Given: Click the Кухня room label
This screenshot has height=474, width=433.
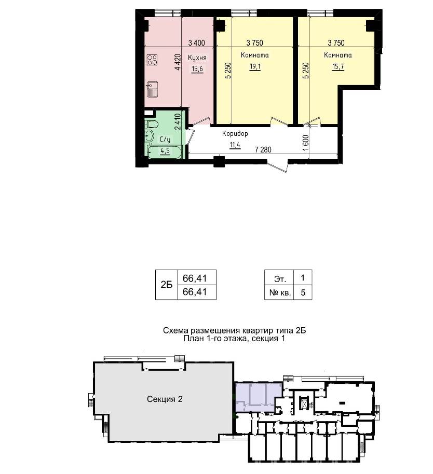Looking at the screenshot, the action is (x=197, y=58).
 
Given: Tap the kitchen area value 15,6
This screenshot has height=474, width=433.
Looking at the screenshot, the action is (x=197, y=69).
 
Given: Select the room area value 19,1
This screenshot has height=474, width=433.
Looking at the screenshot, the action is (x=255, y=66).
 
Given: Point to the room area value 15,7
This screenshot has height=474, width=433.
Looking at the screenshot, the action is (x=338, y=66).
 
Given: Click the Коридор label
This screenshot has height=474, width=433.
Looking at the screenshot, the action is (x=235, y=134).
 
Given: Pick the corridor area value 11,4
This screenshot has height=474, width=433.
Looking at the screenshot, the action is (x=235, y=145).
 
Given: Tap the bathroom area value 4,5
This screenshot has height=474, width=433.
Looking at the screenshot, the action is (x=165, y=150).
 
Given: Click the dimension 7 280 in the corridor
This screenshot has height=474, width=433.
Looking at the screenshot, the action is (x=263, y=149).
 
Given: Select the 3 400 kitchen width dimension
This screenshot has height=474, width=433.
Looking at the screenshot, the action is (x=196, y=43).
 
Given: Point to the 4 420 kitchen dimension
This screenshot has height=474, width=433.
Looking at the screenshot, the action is (x=178, y=62).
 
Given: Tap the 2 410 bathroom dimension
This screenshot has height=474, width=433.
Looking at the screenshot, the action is (x=178, y=121).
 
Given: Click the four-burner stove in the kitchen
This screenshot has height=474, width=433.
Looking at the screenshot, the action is (x=152, y=60).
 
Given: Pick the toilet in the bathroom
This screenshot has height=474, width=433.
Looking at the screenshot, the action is (x=152, y=124).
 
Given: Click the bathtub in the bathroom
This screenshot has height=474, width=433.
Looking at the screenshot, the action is (x=165, y=151).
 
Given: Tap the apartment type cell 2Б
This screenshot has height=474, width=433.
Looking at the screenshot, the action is (x=167, y=285).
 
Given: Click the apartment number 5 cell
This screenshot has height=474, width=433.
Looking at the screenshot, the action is (x=303, y=292).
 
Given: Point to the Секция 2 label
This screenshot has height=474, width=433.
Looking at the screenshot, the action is (x=165, y=399).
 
